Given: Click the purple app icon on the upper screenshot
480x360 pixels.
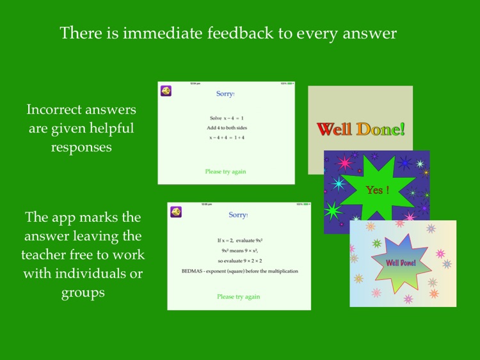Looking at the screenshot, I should pos(166,91).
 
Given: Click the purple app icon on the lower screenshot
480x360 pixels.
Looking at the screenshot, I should pos(175,212).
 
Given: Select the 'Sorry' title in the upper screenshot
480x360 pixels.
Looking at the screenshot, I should pos(225,94).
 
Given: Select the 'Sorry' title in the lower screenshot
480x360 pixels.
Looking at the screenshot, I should pos(237,215).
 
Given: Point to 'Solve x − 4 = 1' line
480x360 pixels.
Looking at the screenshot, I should pos(225,118).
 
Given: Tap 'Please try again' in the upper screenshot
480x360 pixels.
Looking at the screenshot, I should pos(225,171).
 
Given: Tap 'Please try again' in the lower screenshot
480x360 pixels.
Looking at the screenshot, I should pos(238,297).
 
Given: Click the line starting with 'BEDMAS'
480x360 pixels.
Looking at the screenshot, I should pos(239,271).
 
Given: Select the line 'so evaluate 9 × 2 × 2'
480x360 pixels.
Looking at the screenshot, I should pos(238,261).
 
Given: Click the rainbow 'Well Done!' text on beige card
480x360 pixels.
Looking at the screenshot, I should pos(361,129).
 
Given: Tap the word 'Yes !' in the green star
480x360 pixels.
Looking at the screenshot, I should pos(374,190).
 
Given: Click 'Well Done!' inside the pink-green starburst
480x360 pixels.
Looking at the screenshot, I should pos(401,263).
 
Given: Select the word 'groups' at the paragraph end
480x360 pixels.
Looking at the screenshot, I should pos(82,293).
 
